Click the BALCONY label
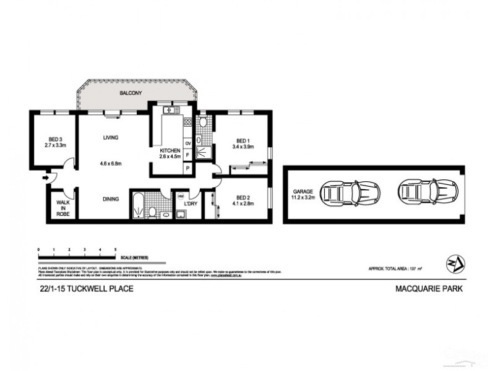click(x=131, y=93)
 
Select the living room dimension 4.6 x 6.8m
click(x=111, y=163)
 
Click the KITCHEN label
click(x=170, y=150)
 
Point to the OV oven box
click(x=187, y=143)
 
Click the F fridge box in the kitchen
click(x=187, y=155)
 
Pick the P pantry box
click(x=187, y=168)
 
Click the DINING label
click(x=111, y=199)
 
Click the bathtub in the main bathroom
click(x=137, y=205)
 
